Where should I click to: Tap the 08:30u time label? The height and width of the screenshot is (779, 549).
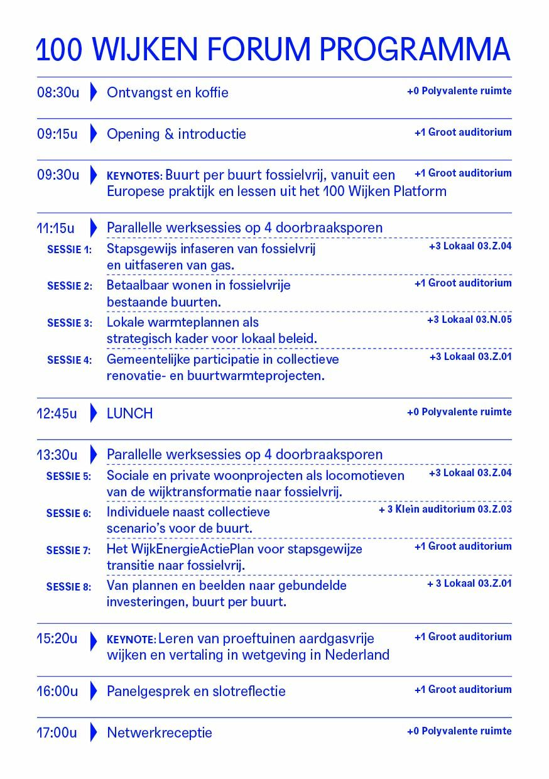pos(58,93)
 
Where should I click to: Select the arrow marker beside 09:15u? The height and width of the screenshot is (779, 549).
pos(94,133)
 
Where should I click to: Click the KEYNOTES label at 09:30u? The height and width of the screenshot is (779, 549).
pos(134,176)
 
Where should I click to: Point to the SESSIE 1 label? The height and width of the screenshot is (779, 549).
pos(69,249)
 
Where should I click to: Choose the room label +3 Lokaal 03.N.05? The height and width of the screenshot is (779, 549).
pos(469,320)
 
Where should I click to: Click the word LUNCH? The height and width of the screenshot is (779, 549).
pos(129,413)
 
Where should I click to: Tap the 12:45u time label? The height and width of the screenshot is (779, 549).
pos(57,413)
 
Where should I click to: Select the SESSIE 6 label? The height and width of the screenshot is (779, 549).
pos(68,513)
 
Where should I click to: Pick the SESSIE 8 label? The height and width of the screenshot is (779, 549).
pos(68,587)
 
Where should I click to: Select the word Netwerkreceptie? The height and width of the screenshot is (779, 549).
pos(160,733)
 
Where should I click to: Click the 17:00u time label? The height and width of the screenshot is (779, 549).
pos(57,733)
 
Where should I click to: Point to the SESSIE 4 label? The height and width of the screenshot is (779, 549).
pos(69,360)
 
